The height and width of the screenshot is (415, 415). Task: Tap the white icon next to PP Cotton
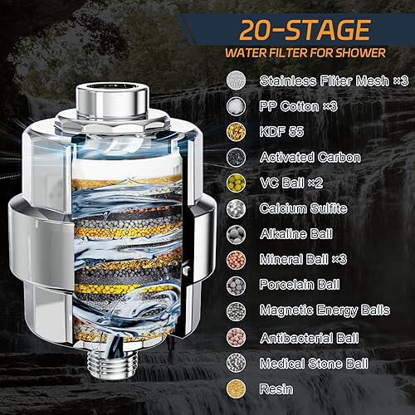coord(237,105)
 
